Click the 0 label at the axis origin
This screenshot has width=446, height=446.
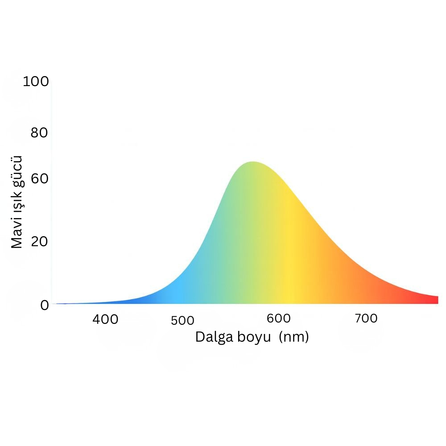coord(45,305)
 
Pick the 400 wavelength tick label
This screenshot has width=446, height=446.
coord(105,319)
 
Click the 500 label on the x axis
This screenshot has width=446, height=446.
coord(182,321)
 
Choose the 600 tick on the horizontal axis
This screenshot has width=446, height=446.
coord(278,318)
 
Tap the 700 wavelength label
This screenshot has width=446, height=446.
coord(366,318)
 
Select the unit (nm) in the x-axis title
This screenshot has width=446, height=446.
coord(294,337)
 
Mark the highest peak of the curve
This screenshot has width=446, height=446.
coord(253,162)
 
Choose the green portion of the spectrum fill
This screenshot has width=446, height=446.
coord(241,232)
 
